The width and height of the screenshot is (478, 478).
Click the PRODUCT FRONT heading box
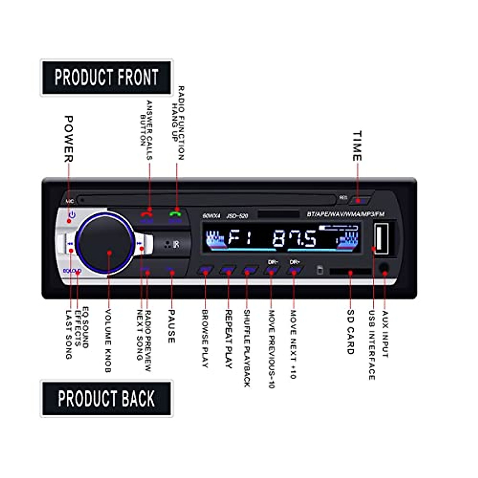click(x=106, y=78)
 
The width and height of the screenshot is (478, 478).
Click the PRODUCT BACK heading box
click(x=106, y=399)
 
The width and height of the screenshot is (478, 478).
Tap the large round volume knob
click(x=106, y=243)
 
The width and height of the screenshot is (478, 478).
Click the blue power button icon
click(x=72, y=215)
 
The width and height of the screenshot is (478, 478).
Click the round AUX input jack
click(x=384, y=269)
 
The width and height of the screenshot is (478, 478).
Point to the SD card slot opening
click(x=350, y=272)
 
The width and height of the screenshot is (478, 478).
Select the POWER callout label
click(x=69, y=139)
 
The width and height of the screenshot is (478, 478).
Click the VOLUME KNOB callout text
click(x=108, y=341)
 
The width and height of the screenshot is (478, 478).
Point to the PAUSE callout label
click(x=171, y=327)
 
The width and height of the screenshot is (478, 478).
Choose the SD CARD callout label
click(x=350, y=332)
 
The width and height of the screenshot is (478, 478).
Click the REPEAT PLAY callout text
click(x=229, y=339)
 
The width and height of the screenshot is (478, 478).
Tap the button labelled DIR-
click(x=272, y=270)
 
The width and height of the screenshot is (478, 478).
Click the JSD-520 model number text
click(x=237, y=216)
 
